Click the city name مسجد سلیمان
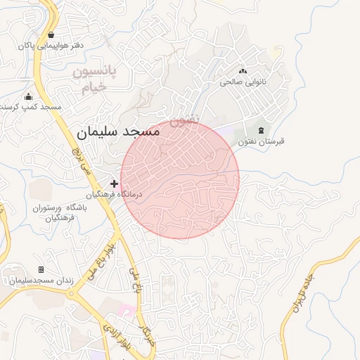118,131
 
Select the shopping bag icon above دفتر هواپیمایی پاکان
51,34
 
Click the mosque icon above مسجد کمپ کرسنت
28,96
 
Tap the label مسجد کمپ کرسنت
30,107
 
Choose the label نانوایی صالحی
243,82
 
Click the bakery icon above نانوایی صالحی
243,70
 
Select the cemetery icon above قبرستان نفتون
262,130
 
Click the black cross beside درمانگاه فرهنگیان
115,184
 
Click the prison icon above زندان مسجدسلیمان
41,269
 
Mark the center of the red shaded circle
180,179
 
